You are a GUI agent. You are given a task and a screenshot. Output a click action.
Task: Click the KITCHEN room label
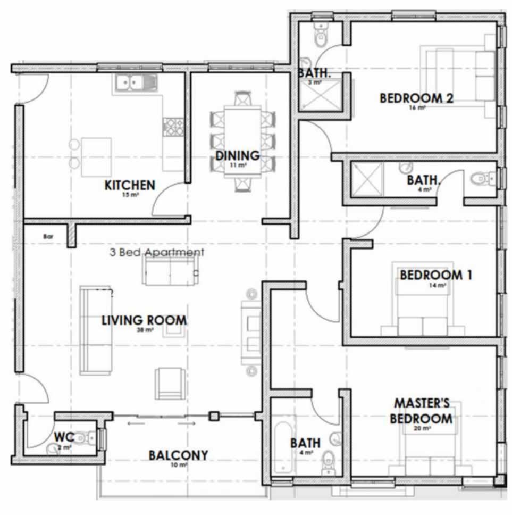tap(130, 185)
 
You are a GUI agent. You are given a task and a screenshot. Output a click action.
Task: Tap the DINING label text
tap(237, 156)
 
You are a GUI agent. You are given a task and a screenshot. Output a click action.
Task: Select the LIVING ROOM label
tap(144, 320)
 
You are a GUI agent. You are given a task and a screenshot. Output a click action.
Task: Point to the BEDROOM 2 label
tap(416, 98)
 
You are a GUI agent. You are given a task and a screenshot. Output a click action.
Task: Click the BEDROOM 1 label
tap(436, 275)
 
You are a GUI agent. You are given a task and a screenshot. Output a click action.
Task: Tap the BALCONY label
tap(178, 455)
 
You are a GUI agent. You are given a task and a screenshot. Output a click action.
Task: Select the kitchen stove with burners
tap(173, 127)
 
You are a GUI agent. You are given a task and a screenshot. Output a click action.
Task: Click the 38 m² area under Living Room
tap(145, 330)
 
